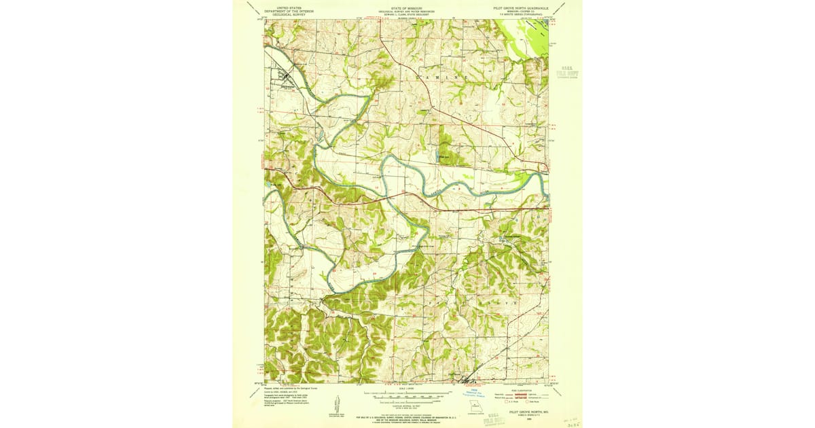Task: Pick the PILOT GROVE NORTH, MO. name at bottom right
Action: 530,412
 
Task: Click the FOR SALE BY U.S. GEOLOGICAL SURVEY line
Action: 406,416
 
